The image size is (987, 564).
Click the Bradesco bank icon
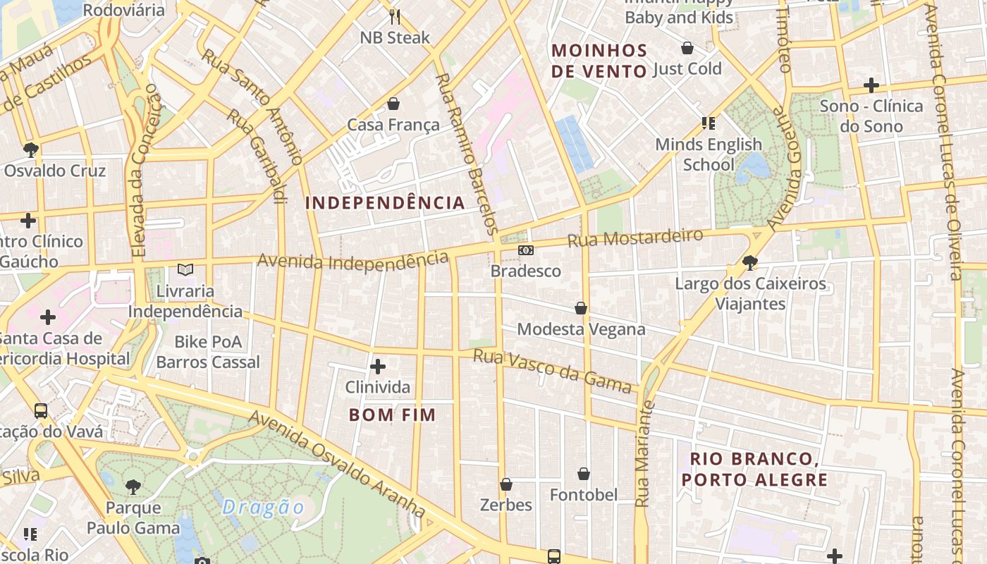tap(526, 250)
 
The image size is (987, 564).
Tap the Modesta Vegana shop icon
tap(581, 308)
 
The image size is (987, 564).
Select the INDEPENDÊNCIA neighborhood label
tap(385, 203)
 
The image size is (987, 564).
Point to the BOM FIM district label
tap(393, 415)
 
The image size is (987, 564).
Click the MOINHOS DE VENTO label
tap(599, 61)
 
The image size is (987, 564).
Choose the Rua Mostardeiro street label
tap(635, 238)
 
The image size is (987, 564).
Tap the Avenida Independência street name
tap(352, 260)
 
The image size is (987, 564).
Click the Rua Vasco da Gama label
tap(551, 371)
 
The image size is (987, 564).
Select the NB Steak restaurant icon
tap(395, 16)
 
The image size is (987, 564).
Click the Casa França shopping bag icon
tap(393, 104)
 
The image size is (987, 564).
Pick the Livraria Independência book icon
tap(185, 269)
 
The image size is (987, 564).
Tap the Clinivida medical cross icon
tap(378, 367)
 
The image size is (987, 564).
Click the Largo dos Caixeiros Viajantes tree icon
tap(750, 263)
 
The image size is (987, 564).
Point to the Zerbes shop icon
tap(506, 484)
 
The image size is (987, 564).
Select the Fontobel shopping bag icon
tap(584, 474)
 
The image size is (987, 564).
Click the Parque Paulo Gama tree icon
tap(133, 486)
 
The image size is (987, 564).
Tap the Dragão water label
tap(263, 508)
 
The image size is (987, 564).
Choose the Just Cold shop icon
tap(687, 48)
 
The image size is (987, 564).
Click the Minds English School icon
tap(709, 124)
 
